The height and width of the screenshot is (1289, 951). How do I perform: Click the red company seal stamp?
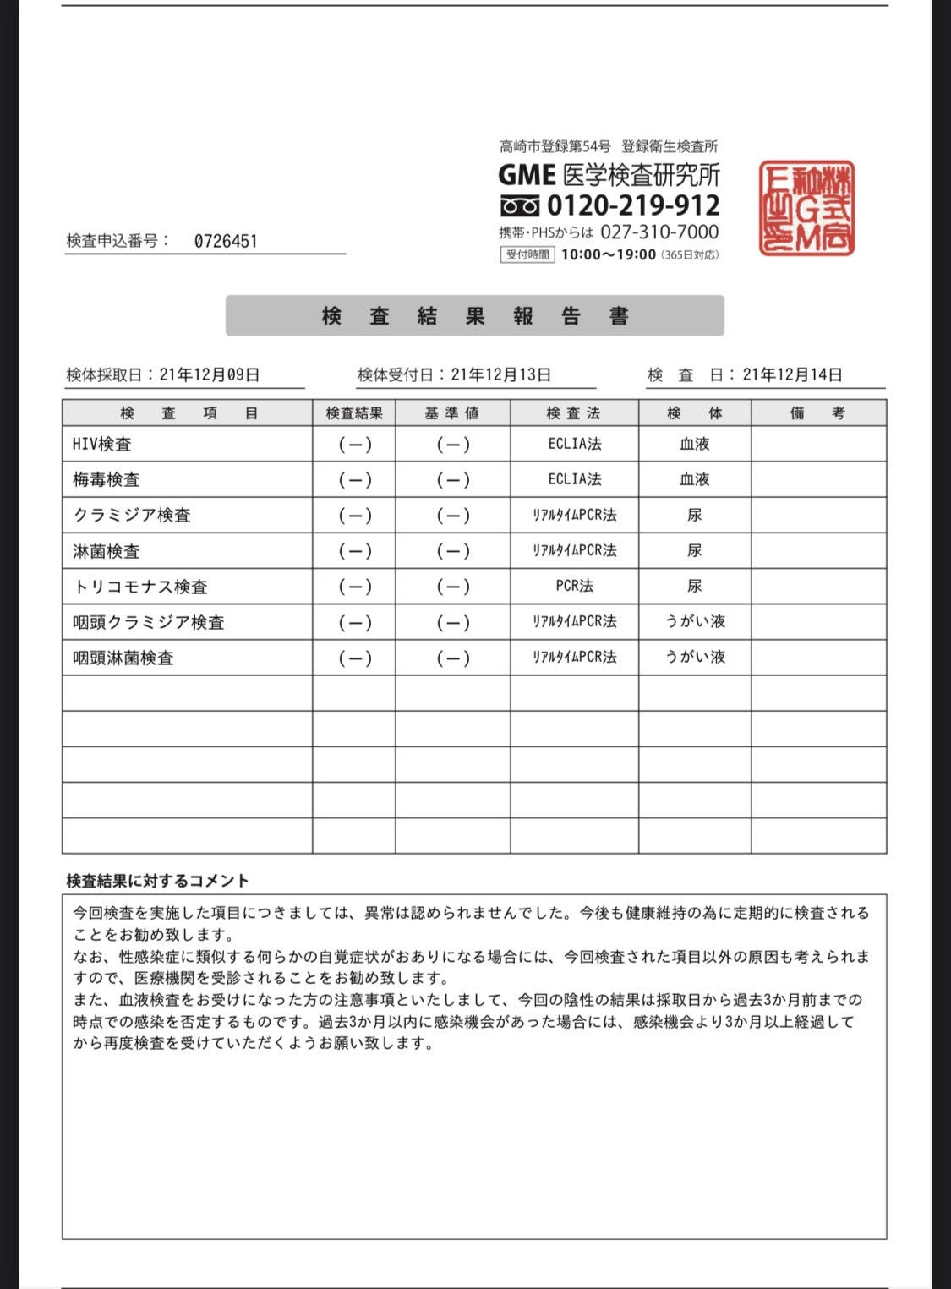(806, 208)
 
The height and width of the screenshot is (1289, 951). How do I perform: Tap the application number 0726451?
(226, 241)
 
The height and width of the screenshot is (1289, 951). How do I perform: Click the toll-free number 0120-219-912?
(633, 205)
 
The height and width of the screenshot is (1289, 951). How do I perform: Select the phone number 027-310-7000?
(659, 232)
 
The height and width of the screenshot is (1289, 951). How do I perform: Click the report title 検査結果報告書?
(475, 316)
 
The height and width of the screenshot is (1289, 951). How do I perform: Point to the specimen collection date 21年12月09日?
(209, 374)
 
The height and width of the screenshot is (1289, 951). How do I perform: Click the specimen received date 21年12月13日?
(500, 374)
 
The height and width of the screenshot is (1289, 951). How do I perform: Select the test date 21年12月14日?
(792, 374)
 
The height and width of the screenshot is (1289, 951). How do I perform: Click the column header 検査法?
(573, 413)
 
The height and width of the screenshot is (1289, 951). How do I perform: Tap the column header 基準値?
(452, 413)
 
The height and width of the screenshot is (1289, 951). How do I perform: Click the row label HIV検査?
(102, 444)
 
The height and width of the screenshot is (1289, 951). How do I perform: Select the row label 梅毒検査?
(107, 479)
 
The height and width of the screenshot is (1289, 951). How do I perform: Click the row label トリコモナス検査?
(140, 587)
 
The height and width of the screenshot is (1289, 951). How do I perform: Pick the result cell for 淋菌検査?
(354, 551)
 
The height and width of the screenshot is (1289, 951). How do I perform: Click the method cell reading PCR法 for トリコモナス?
(574, 586)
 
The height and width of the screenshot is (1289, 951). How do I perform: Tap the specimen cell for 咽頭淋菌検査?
(695, 657)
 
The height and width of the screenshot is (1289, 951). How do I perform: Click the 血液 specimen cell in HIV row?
(695, 444)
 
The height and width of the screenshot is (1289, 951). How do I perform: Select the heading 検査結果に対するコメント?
(157, 881)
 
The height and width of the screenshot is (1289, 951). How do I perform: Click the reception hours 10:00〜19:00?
(608, 254)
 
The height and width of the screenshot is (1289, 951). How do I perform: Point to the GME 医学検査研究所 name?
(609, 175)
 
